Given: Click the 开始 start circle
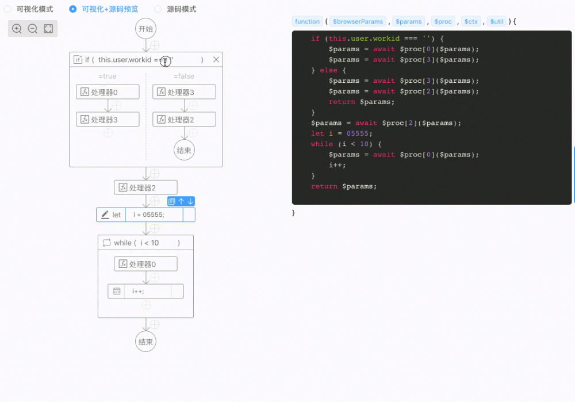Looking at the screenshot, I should coord(146,29).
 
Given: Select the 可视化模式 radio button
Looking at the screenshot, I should coord(7,9).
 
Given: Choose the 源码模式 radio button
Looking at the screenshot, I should coord(158,9).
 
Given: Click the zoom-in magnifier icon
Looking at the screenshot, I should coord(17,29).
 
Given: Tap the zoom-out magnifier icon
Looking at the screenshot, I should coord(33,29).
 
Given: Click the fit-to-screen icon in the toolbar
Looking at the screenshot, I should coord(48,29).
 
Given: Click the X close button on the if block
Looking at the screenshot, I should coord(216,59).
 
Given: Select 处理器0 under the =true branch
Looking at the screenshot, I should coord(108,92).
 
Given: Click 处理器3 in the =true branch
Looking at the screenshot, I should coord(108,120).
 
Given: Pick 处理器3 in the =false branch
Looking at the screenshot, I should coord(184,92).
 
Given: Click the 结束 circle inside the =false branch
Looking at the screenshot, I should coord(184,151).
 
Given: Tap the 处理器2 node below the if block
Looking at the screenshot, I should coord(145,187).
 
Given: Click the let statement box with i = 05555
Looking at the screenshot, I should coord(148,215).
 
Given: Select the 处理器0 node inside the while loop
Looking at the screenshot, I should coord(145,264).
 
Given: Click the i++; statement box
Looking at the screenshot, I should coord(145,291).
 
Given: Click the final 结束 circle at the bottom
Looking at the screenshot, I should coord(146,342).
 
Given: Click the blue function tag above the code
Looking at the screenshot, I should coord(307,21).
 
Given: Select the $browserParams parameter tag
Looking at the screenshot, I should coord(358,21).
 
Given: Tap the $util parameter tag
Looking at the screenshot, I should coord(496,21).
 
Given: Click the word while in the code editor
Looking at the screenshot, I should coord(321,144).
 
